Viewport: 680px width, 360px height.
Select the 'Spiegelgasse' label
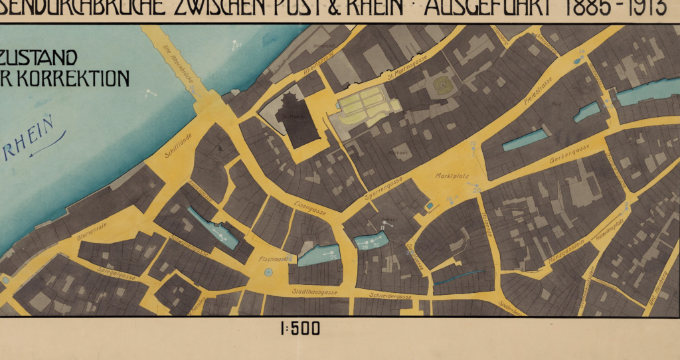[x=116, y=270]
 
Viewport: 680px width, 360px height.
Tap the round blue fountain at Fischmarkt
[x=268, y=272]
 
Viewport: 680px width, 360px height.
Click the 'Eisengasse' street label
[x=309, y=208]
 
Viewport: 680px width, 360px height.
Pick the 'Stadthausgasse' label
[x=315, y=292]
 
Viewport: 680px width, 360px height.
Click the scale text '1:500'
[x=300, y=328]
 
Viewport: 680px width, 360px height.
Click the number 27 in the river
[x=237, y=45]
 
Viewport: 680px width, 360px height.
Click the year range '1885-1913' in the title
[x=617, y=9]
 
